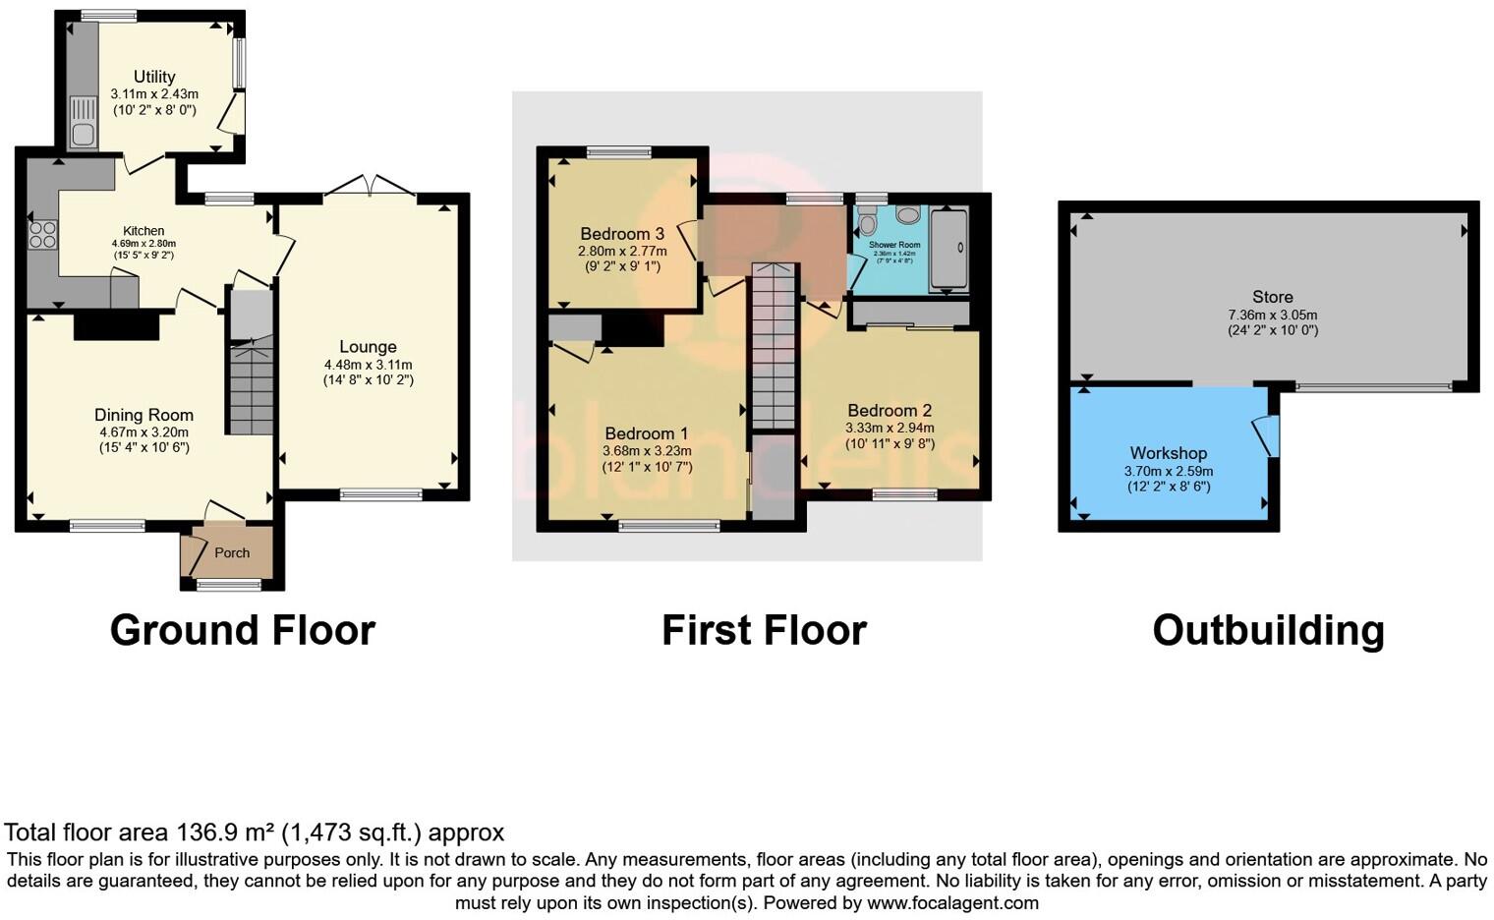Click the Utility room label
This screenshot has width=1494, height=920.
point(154,77)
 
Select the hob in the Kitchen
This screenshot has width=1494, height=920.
point(42,234)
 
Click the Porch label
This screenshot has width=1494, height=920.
point(232,553)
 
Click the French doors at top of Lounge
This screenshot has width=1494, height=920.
point(370,187)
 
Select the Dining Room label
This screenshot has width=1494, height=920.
point(144,415)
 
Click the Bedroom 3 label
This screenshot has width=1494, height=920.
point(622,234)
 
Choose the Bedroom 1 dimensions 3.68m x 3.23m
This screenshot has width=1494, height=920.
point(647,451)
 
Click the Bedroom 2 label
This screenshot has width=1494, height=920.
point(890,411)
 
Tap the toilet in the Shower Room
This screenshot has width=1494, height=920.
point(867,216)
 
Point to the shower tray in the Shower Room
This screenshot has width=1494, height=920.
point(948,251)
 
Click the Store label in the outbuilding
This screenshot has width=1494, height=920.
point(1272,297)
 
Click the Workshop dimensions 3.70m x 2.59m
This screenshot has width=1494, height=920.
point(1169,471)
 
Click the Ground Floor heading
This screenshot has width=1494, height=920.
point(243,630)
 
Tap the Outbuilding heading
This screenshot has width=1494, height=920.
point(1268,630)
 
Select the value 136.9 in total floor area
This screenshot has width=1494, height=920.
point(207,833)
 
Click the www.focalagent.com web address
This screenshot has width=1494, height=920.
point(952,902)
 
